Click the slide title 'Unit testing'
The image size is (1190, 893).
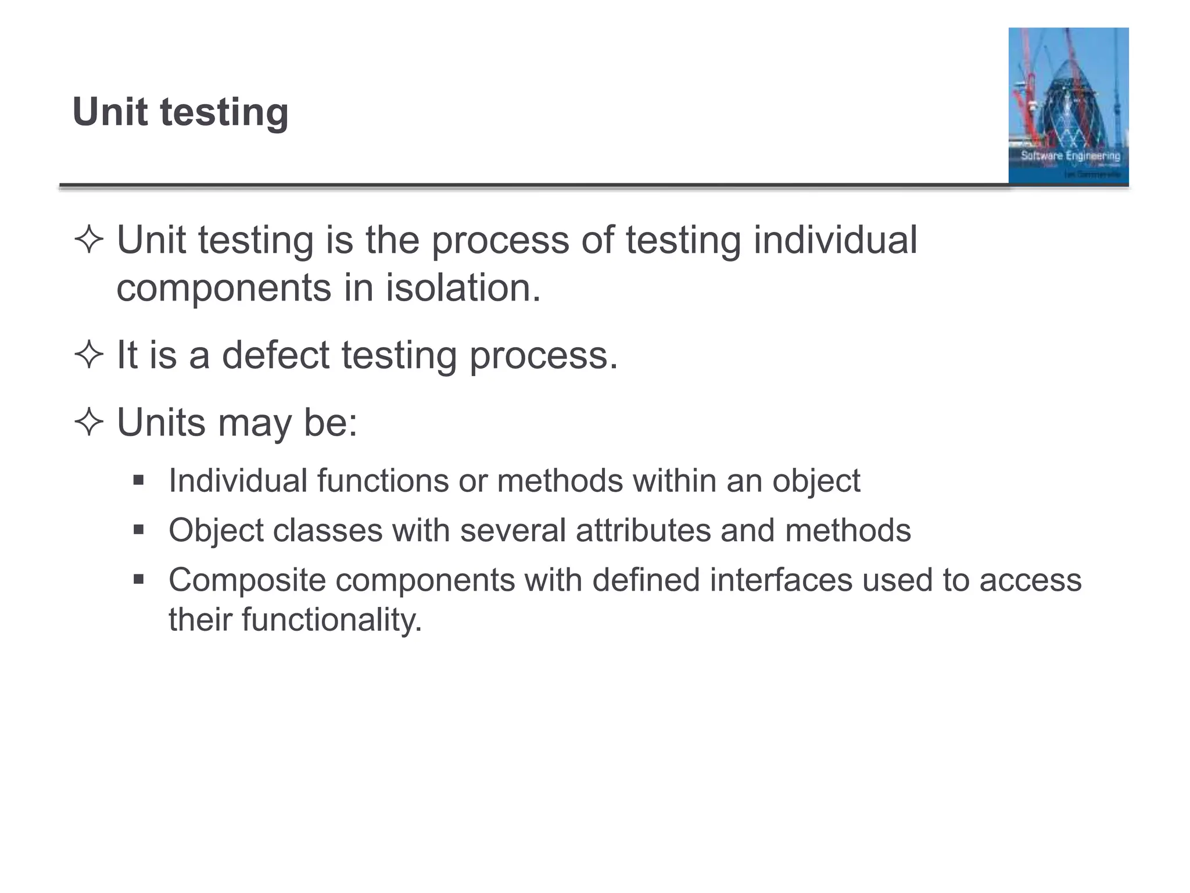[x=180, y=112]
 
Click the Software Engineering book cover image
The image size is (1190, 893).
[x=1068, y=106]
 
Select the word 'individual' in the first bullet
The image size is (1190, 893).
[x=835, y=240]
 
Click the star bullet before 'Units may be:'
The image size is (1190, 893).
[x=89, y=422]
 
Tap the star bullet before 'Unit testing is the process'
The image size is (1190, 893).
[x=89, y=240]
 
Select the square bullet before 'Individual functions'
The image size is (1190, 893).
[x=138, y=481]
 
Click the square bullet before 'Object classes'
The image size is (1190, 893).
[x=138, y=530]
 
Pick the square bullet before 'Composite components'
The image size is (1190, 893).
[x=138, y=580]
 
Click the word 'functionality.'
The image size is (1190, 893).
[x=332, y=619]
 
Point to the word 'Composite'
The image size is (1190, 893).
[x=247, y=581]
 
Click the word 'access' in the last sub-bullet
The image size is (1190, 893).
[x=1030, y=580]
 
